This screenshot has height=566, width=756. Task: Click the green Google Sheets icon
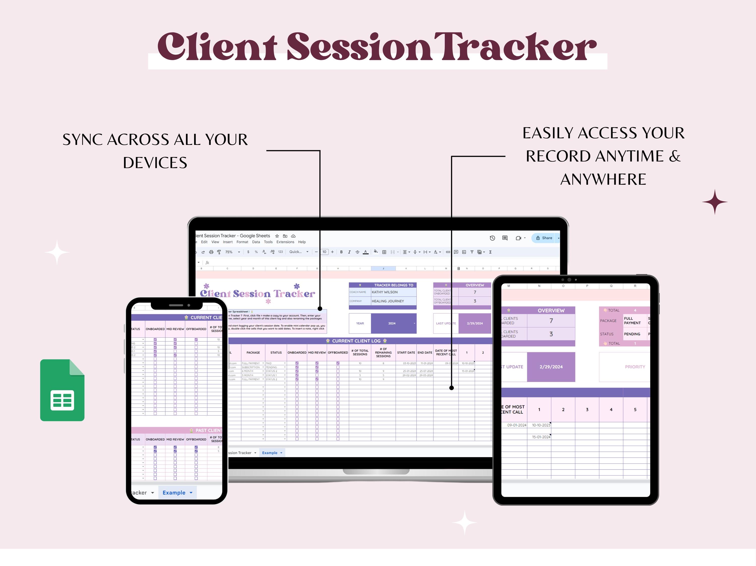point(62,390)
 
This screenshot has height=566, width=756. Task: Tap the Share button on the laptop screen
point(544,238)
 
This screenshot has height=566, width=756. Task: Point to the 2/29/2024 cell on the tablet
point(551,367)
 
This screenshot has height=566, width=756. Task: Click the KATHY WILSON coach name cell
point(393,292)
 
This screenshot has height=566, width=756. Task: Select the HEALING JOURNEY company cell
point(393,301)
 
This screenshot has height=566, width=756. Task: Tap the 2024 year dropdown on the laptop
point(393,323)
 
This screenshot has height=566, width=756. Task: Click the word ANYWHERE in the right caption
point(603,179)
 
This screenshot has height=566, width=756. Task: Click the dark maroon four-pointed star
point(715,202)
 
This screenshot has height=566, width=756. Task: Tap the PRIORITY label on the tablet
point(635,367)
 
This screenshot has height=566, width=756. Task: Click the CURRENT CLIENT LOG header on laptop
point(356,341)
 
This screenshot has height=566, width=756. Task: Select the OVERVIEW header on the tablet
point(551,310)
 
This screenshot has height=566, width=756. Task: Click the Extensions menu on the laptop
point(285,242)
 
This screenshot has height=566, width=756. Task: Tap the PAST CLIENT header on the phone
point(208,430)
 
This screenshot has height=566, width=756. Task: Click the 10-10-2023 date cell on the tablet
point(541,425)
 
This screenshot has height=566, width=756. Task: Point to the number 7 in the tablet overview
point(551,321)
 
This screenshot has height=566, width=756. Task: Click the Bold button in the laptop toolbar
point(341,252)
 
